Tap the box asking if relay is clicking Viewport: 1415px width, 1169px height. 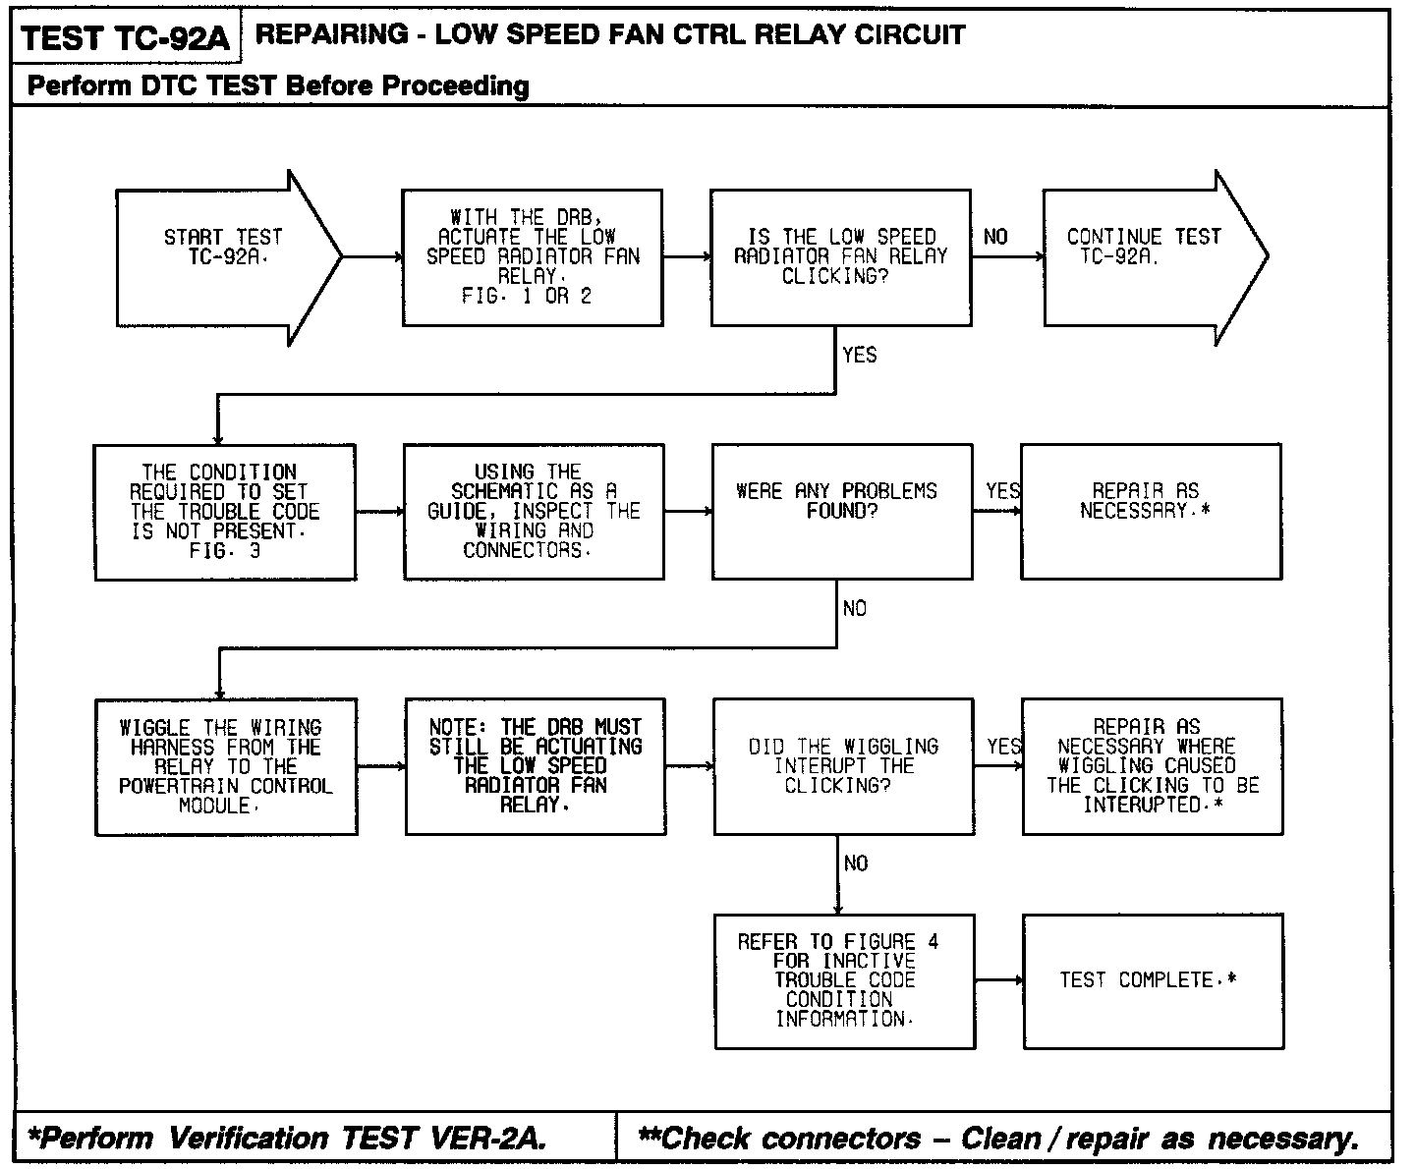point(840,256)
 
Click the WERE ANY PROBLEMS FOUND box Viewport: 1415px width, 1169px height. point(841,511)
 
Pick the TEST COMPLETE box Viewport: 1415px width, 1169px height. point(1153,980)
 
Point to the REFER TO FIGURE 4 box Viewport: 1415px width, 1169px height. point(844,980)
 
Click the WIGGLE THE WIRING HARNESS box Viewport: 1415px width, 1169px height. point(226,766)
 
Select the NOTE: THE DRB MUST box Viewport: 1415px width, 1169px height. point(536,766)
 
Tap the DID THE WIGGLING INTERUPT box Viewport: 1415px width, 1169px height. point(843,766)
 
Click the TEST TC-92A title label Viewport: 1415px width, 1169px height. point(125,38)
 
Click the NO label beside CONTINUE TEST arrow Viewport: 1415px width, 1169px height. point(995,237)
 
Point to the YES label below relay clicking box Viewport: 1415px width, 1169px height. point(860,355)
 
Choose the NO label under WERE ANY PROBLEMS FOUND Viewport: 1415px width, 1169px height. point(855,609)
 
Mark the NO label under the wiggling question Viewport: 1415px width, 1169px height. point(856,863)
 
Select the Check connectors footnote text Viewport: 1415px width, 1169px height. point(998,1139)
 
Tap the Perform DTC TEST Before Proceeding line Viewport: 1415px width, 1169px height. point(278,86)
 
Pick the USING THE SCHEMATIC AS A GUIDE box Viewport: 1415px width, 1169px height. point(534,511)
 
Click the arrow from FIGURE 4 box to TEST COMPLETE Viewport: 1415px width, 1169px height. point(999,980)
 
